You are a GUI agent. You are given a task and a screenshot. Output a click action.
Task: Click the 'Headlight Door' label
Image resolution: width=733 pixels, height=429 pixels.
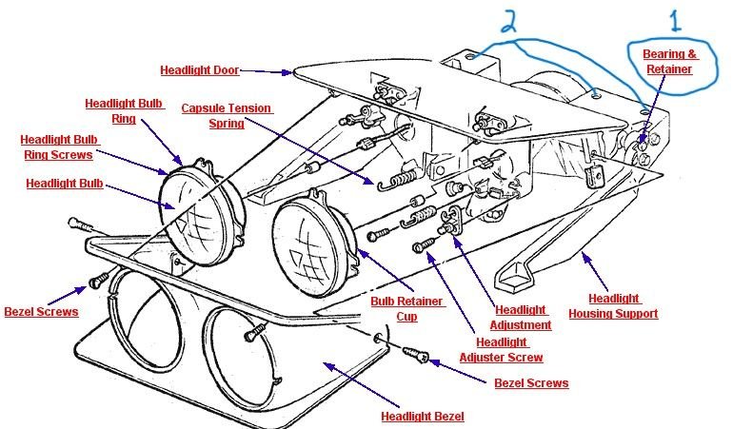(x=199, y=69)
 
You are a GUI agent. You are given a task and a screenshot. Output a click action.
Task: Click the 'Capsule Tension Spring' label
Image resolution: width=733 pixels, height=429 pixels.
(x=227, y=115)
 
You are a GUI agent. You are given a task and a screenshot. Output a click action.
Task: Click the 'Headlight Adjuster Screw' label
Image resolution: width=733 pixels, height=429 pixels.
(x=501, y=350)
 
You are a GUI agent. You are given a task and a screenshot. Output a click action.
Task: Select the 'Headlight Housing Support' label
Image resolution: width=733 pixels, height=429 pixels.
(x=613, y=305)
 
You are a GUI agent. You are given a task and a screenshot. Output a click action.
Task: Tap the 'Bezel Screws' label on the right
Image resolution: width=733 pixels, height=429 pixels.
(x=531, y=383)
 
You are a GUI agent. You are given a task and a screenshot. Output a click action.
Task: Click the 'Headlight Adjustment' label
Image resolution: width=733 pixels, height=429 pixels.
(x=521, y=317)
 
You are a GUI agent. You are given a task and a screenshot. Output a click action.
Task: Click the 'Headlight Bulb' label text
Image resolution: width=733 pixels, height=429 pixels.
(x=65, y=185)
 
